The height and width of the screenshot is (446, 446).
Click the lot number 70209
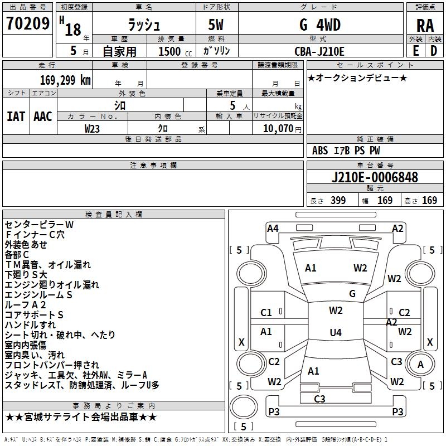click(27, 23)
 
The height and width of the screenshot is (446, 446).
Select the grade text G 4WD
click(320, 25)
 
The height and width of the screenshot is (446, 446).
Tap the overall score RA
click(425, 26)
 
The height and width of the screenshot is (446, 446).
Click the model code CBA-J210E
click(319, 51)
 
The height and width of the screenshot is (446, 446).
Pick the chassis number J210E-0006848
click(374, 177)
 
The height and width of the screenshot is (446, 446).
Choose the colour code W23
click(93, 129)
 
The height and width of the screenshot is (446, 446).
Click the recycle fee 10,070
click(277, 129)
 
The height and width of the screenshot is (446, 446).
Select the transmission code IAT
click(16, 116)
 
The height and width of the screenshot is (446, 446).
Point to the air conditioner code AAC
click(43, 116)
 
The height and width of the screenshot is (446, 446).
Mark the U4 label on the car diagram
click(335, 333)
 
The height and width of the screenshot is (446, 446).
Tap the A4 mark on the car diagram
click(273, 228)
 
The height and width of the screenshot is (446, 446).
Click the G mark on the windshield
click(352, 293)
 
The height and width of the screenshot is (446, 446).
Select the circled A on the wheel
click(421, 364)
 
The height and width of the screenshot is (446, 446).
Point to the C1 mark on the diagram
click(266, 313)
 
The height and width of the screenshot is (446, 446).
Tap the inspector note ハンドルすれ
click(30, 324)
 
